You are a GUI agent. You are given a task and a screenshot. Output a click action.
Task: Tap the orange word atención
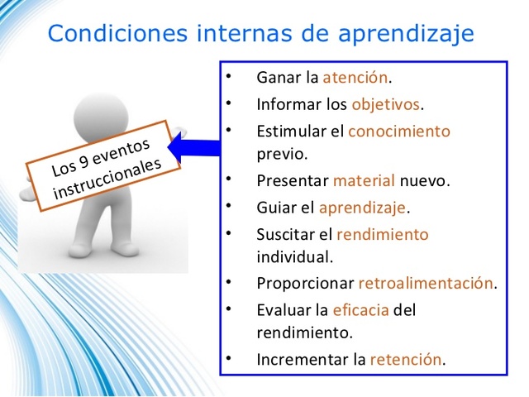tap(355, 79)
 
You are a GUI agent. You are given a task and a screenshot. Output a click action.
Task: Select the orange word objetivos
tap(386, 105)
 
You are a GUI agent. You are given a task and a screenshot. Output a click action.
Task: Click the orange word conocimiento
tap(398, 131)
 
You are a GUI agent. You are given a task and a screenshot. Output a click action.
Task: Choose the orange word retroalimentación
tap(425, 284)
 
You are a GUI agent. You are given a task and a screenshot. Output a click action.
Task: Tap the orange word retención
tap(406, 360)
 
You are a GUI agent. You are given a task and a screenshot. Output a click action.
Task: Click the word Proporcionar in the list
tap(305, 284)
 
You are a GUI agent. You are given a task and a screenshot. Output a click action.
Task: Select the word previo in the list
tap(281, 154)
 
